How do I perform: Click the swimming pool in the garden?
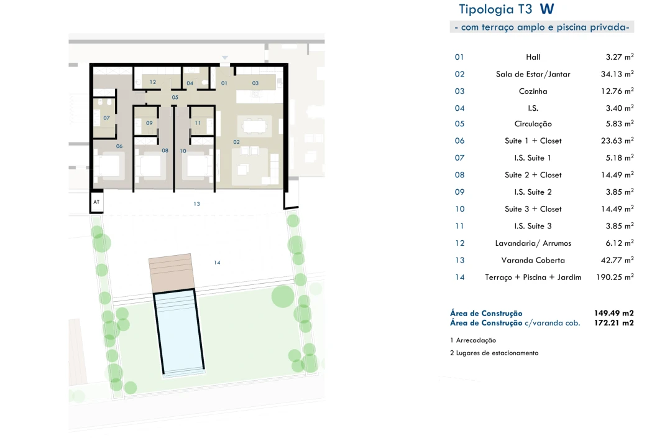click(179, 332)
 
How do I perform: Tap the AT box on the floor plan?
click(96, 202)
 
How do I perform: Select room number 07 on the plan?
click(106, 118)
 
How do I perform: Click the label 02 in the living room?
click(236, 142)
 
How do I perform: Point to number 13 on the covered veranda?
click(196, 204)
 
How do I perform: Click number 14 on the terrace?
click(217, 263)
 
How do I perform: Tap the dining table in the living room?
click(255, 126)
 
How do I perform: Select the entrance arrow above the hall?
click(225, 57)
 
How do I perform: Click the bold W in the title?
click(547, 9)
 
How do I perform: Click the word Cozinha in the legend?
click(533, 91)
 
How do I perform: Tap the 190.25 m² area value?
click(615, 278)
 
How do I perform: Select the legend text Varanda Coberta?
click(533, 260)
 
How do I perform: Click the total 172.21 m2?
click(614, 323)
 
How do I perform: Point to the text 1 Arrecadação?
click(473, 340)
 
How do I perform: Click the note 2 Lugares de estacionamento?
click(494, 353)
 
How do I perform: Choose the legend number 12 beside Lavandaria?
click(459, 243)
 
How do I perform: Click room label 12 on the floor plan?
click(152, 82)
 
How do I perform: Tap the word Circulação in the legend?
click(533, 124)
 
